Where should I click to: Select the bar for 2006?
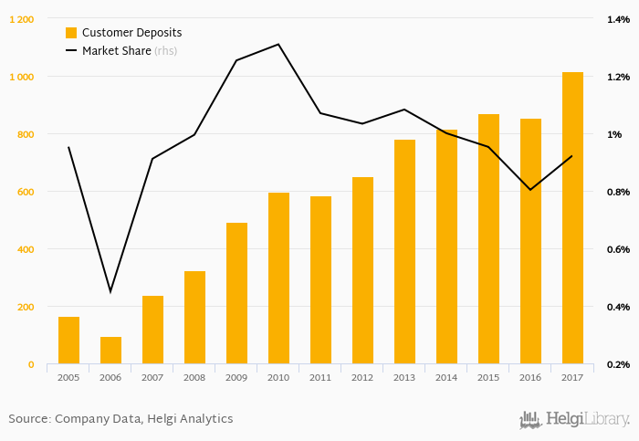pyautogui.click(x=110, y=350)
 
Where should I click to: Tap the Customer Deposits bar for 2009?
pyautogui.click(x=236, y=293)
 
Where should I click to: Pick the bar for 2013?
pyautogui.click(x=404, y=251)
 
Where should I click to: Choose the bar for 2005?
pyautogui.click(x=68, y=340)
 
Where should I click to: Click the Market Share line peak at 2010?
pyautogui.click(x=278, y=44)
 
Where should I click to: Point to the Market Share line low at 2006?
pyautogui.click(x=110, y=292)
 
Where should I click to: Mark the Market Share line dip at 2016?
pyautogui.click(x=530, y=190)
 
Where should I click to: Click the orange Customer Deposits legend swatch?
pyautogui.click(x=71, y=33)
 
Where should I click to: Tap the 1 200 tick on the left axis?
pyautogui.click(x=22, y=19)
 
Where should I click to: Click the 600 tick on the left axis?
pyautogui.click(x=25, y=192)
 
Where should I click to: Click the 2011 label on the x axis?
pyautogui.click(x=320, y=376)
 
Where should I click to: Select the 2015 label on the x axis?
pyautogui.click(x=488, y=376)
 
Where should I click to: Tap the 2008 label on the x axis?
pyautogui.click(x=194, y=376)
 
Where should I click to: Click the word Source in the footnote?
pyautogui.click(x=28, y=419)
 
